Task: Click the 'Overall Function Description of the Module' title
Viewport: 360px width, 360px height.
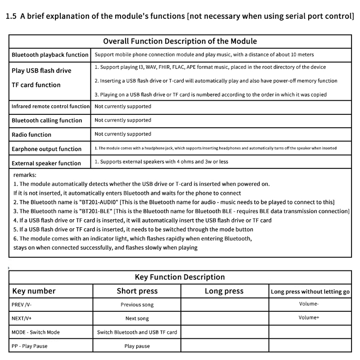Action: [180, 41]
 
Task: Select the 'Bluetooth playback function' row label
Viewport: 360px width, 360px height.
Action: [50, 55]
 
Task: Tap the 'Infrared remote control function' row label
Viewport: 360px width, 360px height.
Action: [50, 107]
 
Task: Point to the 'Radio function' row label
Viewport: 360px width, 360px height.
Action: [31, 135]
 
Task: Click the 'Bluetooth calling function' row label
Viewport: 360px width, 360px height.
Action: [47, 121]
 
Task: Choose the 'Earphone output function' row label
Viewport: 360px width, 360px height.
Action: [46, 149]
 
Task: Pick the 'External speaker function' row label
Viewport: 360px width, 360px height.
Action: [46, 163]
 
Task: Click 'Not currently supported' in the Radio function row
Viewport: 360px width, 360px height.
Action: [123, 134]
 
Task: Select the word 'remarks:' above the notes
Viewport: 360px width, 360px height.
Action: [25, 175]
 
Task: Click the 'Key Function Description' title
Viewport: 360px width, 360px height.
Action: [180, 277]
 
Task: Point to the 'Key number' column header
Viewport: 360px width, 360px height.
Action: [34, 291]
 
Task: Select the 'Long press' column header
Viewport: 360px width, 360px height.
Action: [224, 291]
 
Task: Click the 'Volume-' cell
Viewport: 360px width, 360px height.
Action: [309, 304]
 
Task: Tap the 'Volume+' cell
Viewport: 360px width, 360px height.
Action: [309, 318]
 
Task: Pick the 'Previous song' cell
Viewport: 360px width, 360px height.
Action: [137, 305]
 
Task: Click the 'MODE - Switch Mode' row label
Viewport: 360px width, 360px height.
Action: [36, 333]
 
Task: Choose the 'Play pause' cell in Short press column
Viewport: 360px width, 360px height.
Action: [137, 346]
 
